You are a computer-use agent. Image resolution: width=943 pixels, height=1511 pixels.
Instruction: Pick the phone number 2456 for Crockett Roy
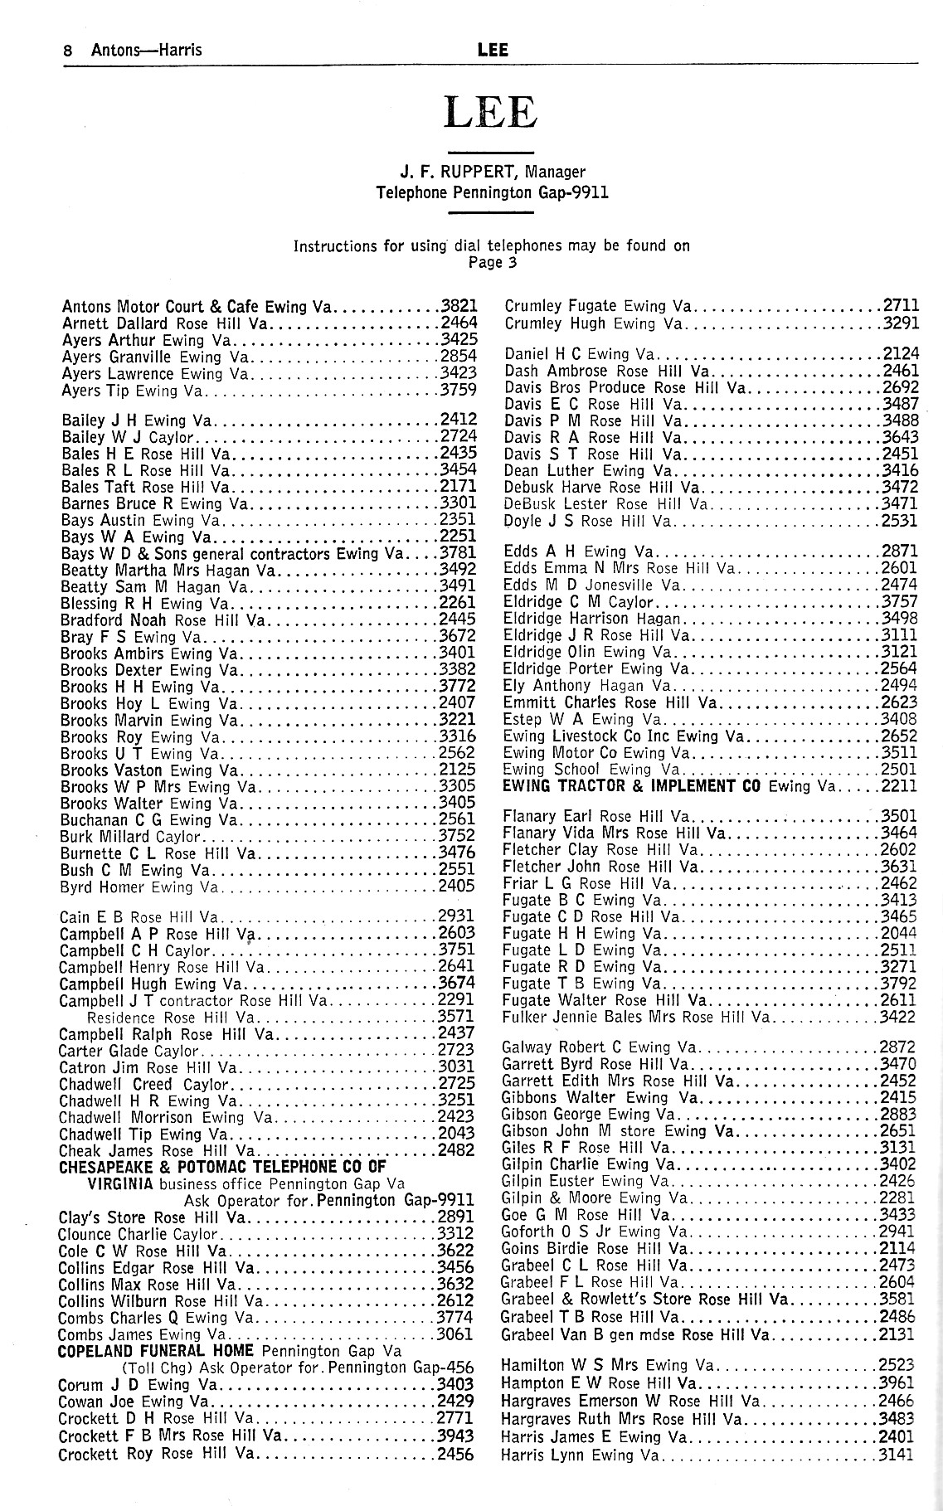[x=456, y=1454]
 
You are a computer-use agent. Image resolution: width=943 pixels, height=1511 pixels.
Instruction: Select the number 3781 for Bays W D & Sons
[x=457, y=554]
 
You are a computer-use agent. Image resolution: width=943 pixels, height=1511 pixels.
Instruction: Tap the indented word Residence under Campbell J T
[x=121, y=1018]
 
